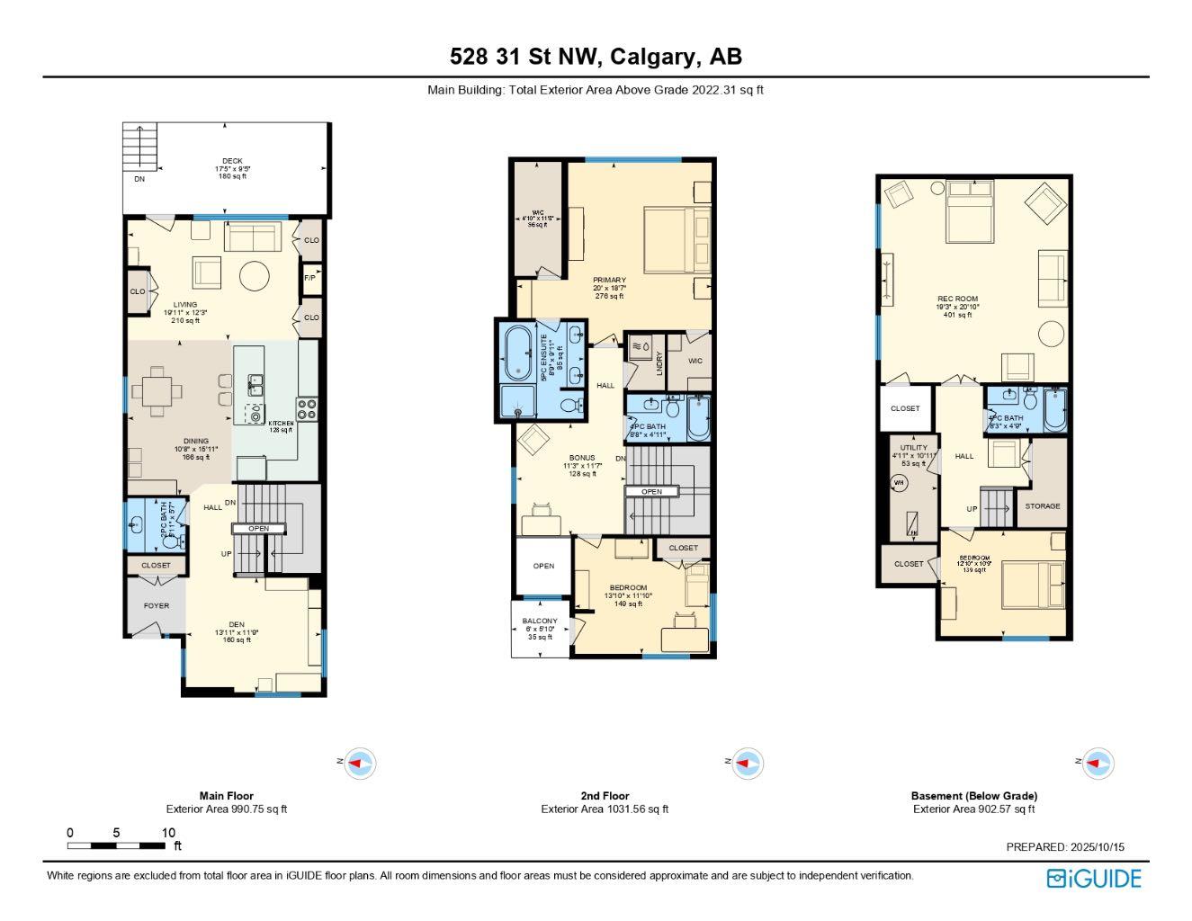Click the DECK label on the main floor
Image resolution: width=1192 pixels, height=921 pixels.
tap(232, 162)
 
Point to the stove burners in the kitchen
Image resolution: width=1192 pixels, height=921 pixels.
tap(307, 409)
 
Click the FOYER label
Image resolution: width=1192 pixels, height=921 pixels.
tap(157, 605)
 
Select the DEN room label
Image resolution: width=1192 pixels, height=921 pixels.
tap(236, 625)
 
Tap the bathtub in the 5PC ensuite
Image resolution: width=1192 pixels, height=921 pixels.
tap(518, 353)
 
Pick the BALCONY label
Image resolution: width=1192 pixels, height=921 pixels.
tap(540, 621)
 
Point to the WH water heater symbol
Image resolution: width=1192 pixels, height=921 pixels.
tap(898, 483)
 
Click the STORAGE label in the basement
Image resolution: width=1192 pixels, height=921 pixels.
tap(1043, 506)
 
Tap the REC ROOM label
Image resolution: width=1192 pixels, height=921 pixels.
tap(957, 300)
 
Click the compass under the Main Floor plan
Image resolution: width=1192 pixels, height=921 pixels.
tap(360, 764)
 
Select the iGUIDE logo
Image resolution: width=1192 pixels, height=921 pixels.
tap(1093, 878)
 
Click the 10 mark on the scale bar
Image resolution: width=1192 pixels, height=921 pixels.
tap(168, 833)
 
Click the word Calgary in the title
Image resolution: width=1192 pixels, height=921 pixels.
tap(655, 58)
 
